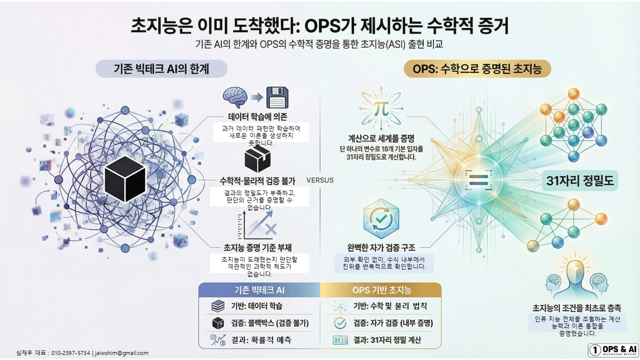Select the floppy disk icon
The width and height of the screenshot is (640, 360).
279,97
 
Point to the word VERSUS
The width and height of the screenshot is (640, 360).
319,180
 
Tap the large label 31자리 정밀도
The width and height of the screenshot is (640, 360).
580,181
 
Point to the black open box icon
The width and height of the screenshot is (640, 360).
257,159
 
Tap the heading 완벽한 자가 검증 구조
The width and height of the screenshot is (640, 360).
381,247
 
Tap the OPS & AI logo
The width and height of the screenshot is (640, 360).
613,349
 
